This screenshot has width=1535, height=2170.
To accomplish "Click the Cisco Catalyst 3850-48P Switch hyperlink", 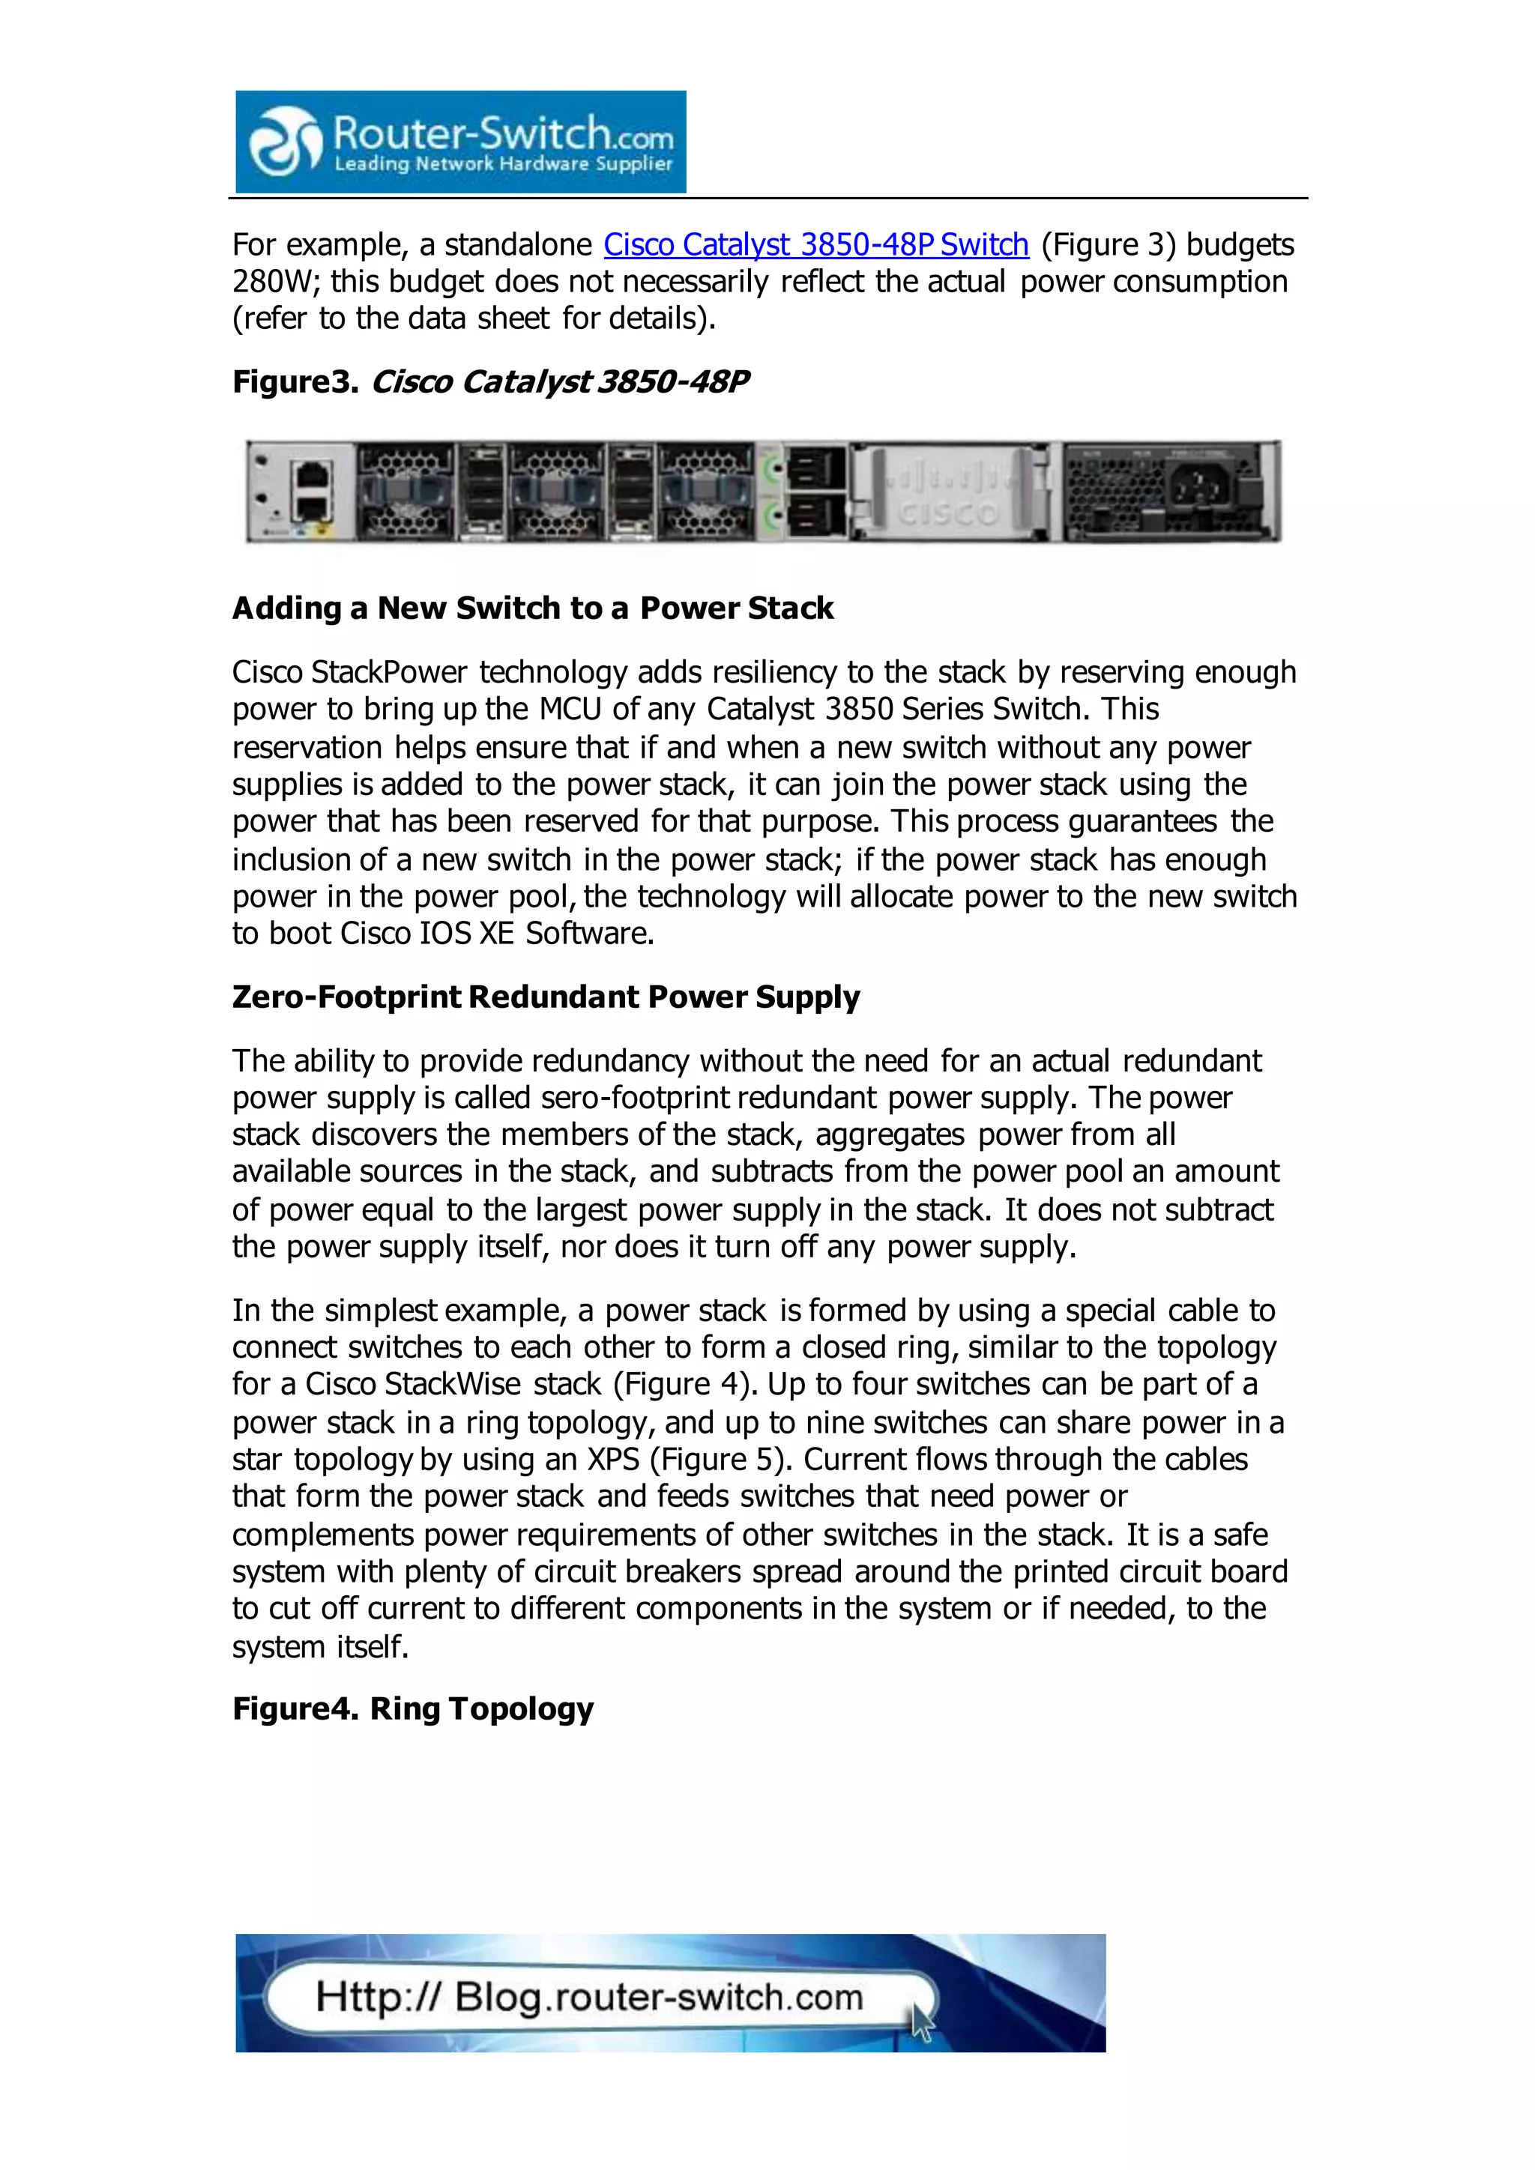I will pyautogui.click(x=815, y=245).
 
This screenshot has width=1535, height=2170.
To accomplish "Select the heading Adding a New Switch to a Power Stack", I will pyautogui.click(x=532, y=608).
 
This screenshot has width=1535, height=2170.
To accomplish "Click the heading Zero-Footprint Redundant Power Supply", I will pyautogui.click(x=546, y=997).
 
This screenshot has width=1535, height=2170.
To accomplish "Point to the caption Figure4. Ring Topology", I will pyautogui.click(x=412, y=1708).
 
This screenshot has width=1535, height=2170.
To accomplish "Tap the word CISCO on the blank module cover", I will pyautogui.click(x=947, y=514).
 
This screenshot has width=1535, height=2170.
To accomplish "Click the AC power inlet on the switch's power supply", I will pyautogui.click(x=1203, y=489).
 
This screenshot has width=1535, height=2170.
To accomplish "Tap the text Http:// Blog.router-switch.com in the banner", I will pyautogui.click(x=589, y=1997).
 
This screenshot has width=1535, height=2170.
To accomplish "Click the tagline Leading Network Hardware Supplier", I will pyautogui.click(x=503, y=164).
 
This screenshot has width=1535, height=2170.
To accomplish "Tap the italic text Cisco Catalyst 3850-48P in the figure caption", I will pyautogui.click(x=560, y=382).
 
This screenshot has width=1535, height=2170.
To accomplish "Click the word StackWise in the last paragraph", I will pyautogui.click(x=452, y=1385).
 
